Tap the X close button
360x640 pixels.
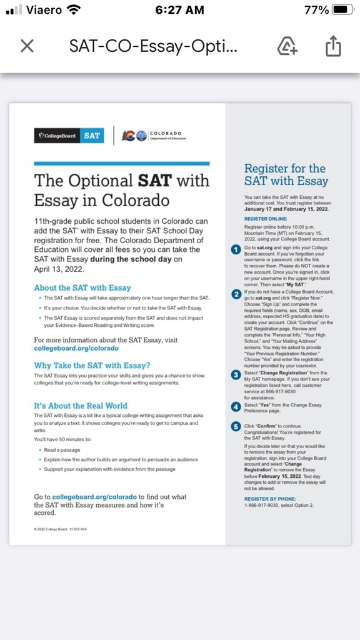coord(27,46)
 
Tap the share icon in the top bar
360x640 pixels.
coord(333,46)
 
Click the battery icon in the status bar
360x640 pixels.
coord(343,10)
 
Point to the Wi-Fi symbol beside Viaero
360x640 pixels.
coord(74,10)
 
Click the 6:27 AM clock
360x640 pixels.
coord(179,10)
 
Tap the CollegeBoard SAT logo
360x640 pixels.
coord(69,135)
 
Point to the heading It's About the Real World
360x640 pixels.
coord(81,406)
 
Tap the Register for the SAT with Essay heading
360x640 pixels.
coord(286,174)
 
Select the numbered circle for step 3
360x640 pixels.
coord(236,374)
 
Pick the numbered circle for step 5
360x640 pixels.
coord(236,426)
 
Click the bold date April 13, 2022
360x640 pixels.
coord(56,269)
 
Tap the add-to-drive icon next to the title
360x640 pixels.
coord(287,46)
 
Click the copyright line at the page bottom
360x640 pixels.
coord(61,529)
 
